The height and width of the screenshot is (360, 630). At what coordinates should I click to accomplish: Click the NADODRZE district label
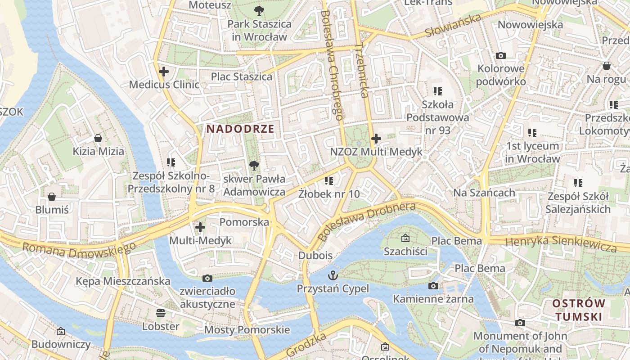[240, 129]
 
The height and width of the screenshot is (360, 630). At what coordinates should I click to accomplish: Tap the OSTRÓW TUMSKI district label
[578, 310]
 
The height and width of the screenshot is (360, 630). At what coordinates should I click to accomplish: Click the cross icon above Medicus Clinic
[164, 72]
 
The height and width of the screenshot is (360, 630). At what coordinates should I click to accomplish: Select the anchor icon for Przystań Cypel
[333, 274]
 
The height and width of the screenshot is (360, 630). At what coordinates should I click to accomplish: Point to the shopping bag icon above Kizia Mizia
[98, 138]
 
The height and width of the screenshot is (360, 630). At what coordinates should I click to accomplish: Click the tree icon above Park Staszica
[259, 10]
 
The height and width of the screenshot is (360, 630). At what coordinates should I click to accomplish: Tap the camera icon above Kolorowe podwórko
[500, 56]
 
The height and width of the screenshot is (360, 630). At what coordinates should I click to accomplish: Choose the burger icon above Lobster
[161, 313]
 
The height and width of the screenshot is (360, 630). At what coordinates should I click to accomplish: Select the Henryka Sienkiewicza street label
[561, 243]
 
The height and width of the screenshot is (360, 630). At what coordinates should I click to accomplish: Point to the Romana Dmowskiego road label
[79, 250]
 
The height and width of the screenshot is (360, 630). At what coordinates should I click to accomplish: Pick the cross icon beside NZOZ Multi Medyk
[376, 139]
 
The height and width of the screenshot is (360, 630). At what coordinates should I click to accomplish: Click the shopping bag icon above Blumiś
[52, 197]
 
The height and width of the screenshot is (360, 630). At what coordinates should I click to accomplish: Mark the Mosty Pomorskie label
[247, 330]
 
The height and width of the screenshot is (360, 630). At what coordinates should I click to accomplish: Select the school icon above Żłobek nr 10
[329, 181]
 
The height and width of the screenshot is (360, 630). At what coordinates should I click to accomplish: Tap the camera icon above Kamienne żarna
[433, 286]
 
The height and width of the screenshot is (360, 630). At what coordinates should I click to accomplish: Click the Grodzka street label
[306, 344]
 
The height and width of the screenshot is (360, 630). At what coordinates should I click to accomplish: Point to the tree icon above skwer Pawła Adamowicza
[254, 166]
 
